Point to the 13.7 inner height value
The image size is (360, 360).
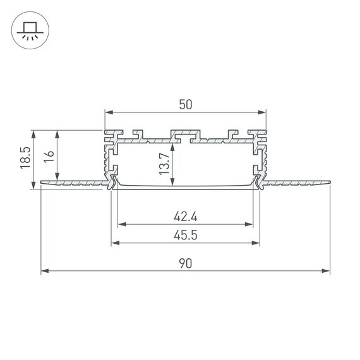(x=164, y=164)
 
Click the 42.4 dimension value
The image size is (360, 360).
(x=185, y=217)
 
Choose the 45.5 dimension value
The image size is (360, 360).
(x=185, y=236)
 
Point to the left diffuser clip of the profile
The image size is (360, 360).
(x=112, y=183)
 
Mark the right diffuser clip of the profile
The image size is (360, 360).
(x=259, y=183)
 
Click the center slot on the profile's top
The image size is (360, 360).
(x=185, y=135)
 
